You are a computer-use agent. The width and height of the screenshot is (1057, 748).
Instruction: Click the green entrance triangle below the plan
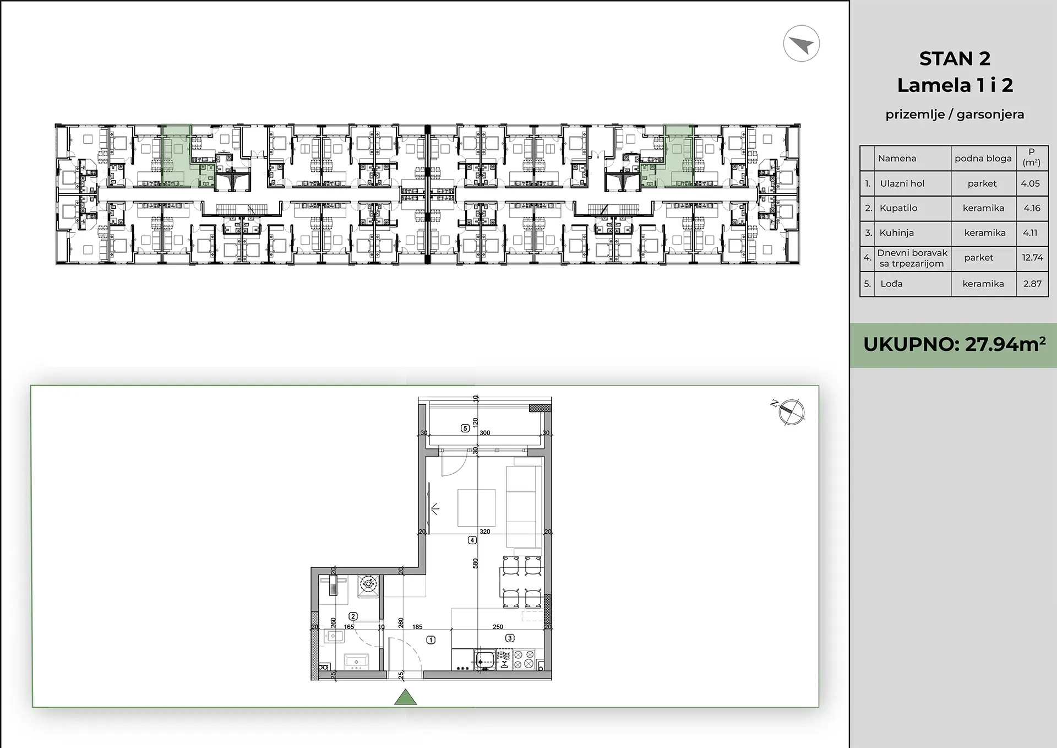point(405,697)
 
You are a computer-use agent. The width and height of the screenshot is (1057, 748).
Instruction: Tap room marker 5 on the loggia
point(465,428)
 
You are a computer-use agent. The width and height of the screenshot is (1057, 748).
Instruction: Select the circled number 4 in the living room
point(472,540)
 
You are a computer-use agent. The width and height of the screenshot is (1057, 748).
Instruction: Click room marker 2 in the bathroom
point(353,617)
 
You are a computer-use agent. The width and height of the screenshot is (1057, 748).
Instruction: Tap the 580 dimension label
point(475,563)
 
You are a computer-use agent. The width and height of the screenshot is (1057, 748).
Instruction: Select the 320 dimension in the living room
point(484,532)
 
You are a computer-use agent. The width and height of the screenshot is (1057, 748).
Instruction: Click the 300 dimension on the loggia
point(484,433)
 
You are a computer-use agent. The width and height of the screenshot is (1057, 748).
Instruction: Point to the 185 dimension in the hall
point(417,627)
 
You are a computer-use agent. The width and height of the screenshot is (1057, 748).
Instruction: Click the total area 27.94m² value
point(1005,344)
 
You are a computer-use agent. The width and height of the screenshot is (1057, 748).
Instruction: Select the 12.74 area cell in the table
point(1032,257)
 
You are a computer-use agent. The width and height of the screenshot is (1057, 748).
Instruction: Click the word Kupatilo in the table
point(898,208)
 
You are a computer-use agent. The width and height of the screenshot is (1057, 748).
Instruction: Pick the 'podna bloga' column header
point(983,159)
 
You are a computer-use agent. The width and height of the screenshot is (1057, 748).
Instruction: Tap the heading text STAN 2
point(955,58)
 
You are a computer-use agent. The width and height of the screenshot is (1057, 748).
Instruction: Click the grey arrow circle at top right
point(802,44)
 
